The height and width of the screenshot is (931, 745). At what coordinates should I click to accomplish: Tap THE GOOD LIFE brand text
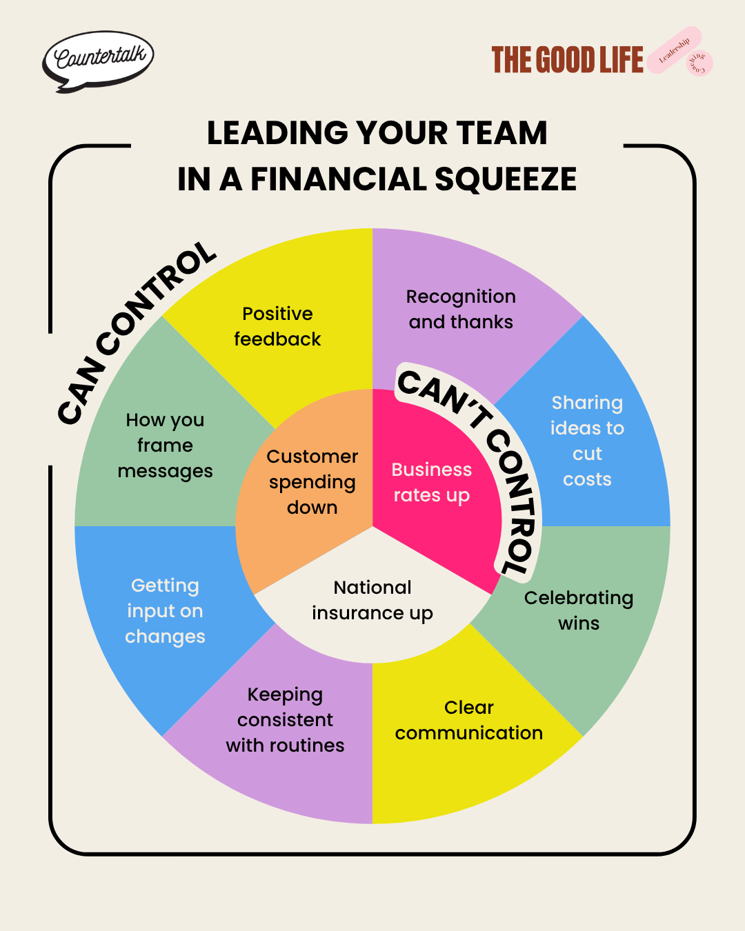tap(567, 61)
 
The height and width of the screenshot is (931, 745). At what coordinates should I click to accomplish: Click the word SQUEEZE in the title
tap(505, 180)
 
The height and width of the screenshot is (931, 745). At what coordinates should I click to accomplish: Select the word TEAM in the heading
tap(501, 133)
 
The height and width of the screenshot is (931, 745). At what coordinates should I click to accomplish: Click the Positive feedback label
tap(277, 326)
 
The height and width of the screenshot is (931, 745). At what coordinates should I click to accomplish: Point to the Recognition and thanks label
tap(461, 309)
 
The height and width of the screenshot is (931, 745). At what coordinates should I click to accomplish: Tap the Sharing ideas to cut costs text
tap(587, 441)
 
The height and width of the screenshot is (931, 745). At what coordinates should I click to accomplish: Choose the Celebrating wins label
tap(579, 610)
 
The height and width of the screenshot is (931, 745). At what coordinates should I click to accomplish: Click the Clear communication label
tap(469, 720)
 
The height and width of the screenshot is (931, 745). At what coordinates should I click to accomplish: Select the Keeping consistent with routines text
tap(285, 720)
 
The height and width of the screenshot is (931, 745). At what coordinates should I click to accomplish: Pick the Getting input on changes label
tap(165, 611)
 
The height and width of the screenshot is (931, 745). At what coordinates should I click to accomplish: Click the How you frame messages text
tap(165, 446)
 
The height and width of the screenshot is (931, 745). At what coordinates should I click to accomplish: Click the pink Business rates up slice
tap(431, 482)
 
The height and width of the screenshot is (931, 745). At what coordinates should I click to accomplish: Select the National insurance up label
tap(372, 600)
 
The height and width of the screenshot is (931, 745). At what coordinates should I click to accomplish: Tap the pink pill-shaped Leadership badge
tap(673, 50)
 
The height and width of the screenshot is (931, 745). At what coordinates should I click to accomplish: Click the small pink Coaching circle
tap(699, 63)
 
